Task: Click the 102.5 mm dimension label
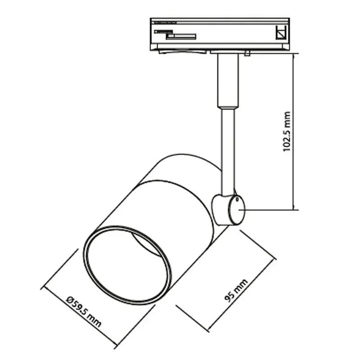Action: click(x=287, y=131)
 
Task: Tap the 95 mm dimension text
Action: click(x=236, y=290)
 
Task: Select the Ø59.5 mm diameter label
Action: click(x=84, y=312)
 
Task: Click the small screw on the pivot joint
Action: click(x=237, y=199)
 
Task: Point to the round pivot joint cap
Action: click(x=237, y=210)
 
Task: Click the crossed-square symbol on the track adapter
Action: click(x=281, y=32)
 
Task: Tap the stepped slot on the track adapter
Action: click(x=175, y=35)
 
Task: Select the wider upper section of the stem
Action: click(x=228, y=81)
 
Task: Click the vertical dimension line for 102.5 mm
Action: click(x=294, y=131)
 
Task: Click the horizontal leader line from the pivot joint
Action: click(x=269, y=210)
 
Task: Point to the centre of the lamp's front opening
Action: click(x=127, y=265)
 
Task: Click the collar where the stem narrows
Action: click(x=228, y=108)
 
